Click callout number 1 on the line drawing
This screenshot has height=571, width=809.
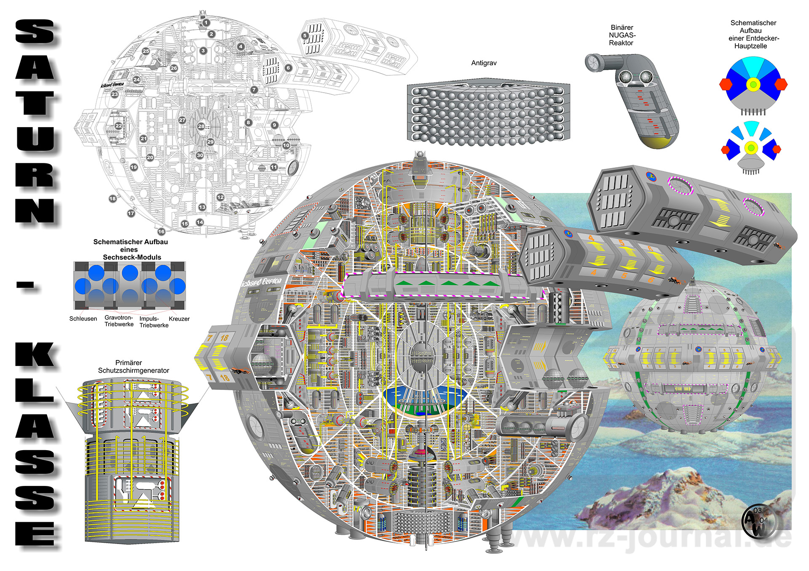(206, 23)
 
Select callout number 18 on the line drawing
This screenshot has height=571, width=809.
(113, 198)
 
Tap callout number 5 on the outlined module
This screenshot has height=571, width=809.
(305, 36)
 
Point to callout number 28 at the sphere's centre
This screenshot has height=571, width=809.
(201, 126)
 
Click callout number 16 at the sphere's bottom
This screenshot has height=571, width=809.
(161, 232)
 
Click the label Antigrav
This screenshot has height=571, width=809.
(484, 63)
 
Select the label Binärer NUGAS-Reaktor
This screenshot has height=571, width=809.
(621, 35)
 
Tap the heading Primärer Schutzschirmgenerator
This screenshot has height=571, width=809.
(133, 366)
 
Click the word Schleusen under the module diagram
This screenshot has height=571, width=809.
(83, 319)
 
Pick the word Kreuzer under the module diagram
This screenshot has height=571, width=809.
(179, 319)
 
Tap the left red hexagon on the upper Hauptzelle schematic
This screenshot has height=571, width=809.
(726, 85)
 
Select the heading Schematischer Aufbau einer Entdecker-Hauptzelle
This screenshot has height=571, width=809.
(753, 35)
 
